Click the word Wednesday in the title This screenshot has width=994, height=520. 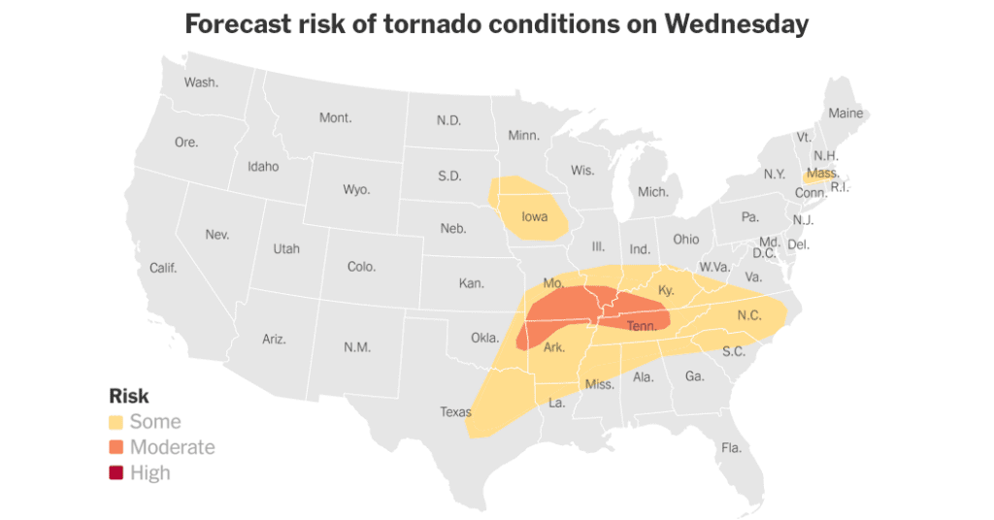pos(736,24)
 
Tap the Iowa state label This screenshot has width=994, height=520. pos(535,217)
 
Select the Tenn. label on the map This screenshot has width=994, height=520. pos(642,326)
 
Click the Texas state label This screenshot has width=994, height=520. pos(455,411)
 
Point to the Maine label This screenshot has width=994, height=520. pos(845,114)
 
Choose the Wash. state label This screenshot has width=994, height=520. pos(201,82)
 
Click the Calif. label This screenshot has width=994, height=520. pos(163,268)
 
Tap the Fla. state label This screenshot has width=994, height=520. pos(731,447)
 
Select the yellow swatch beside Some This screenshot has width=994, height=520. pos(116,422)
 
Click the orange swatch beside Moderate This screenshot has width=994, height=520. pos(116,447)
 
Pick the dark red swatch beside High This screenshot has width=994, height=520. pos(116,472)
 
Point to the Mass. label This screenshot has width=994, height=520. pos(822,174)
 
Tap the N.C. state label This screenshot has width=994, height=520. pos(749,315)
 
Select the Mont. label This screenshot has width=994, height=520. pos(335,117)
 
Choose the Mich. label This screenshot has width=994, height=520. pos(653,192)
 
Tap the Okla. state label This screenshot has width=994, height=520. pos(484,339)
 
